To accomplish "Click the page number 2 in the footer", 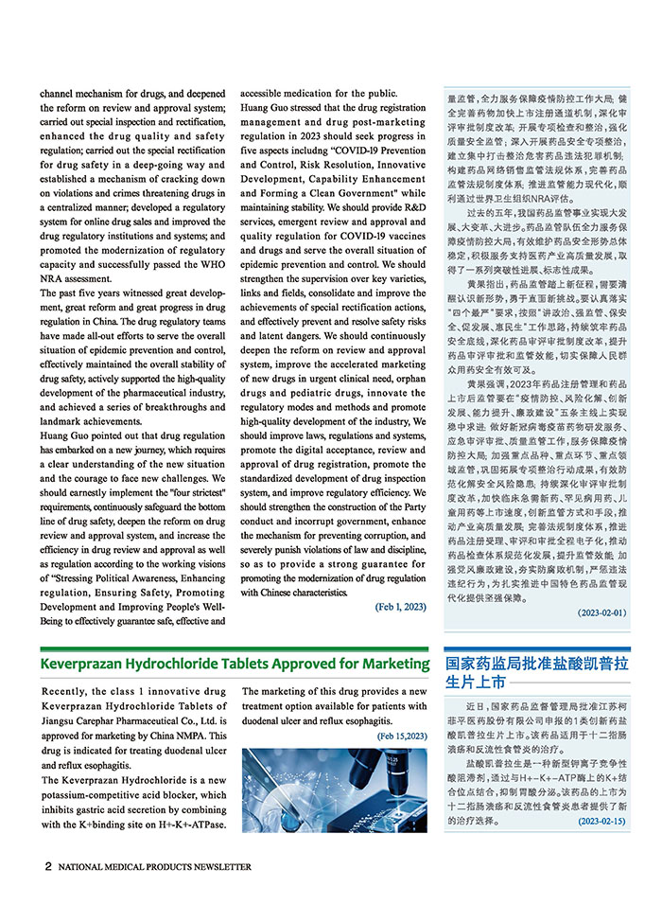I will coord(47,866).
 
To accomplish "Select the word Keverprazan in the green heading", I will coord(87,663).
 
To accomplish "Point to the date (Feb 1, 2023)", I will coord(400,607).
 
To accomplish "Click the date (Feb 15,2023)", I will coord(402,736).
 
